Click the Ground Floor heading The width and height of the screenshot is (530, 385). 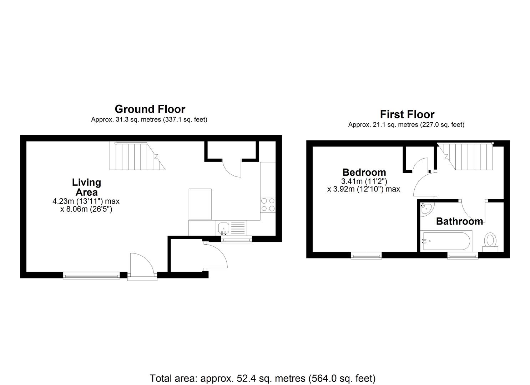150,109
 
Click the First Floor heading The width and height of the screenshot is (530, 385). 407,114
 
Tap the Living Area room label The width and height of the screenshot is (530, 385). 86,187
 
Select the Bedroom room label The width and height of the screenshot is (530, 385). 364,173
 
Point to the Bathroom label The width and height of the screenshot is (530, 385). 459,221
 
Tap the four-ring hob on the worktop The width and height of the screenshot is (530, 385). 268,204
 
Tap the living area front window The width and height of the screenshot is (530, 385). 91,275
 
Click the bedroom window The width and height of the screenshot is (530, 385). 366,255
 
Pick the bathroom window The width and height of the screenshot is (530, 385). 463,255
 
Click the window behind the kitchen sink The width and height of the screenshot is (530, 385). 236,240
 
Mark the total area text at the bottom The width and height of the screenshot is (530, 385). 262,378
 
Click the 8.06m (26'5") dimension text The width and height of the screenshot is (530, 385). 86,209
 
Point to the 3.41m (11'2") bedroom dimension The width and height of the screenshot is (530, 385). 364,181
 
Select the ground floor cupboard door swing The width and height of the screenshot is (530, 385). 232,168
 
